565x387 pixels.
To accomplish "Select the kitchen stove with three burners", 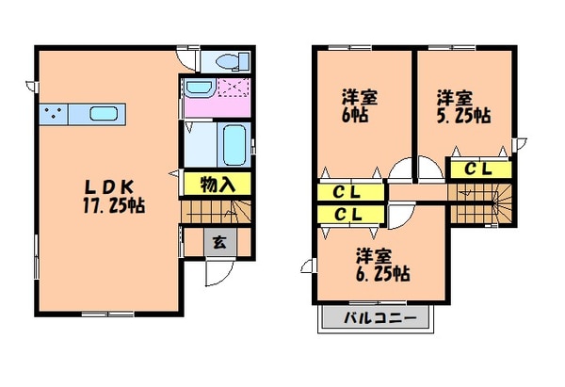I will tap(53, 115).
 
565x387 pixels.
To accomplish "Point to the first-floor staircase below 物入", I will tap(217, 211).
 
